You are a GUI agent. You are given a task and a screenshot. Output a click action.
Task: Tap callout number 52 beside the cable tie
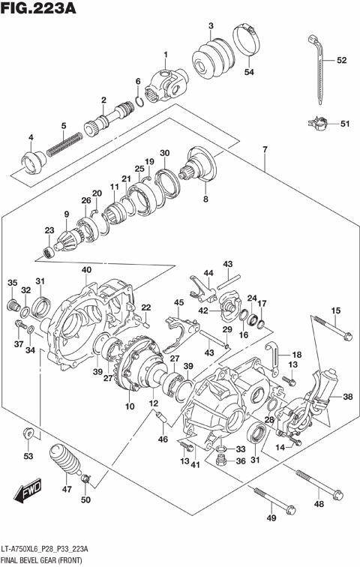[x=341, y=60]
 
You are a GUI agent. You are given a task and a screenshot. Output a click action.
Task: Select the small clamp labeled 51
[x=316, y=123]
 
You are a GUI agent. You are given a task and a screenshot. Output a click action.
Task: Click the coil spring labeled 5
[x=64, y=143]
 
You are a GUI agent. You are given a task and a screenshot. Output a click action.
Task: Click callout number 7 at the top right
[x=265, y=148]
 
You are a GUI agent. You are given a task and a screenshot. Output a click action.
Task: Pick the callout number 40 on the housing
[x=86, y=270]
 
